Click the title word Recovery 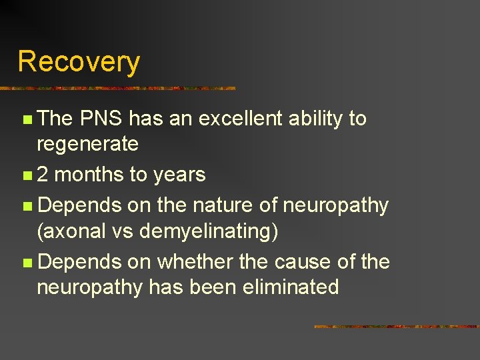(x=79, y=61)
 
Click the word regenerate (x=87, y=143)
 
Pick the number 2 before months (x=42, y=175)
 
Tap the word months (x=89, y=175)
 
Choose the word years (x=179, y=175)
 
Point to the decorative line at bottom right (x=396, y=327)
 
